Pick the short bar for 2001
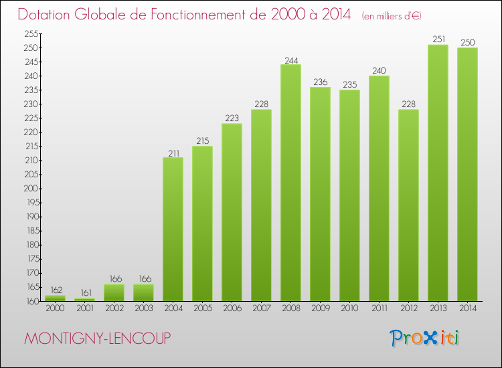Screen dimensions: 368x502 pos(84,299)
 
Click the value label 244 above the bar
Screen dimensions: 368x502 pos(290,60)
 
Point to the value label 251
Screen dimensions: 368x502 pos(438,39)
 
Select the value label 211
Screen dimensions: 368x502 pos(173,153)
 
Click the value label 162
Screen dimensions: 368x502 pos(55,290)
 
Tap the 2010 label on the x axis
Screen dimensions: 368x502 pos(349,308)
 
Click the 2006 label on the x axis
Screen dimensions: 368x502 pos(232,308)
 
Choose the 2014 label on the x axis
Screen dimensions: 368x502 pos(467,308)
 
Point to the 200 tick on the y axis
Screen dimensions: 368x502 pos(31,189)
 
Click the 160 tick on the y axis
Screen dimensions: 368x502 pos(31,301)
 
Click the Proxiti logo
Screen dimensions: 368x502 pos(425,338)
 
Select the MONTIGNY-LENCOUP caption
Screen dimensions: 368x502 pos(97,339)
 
